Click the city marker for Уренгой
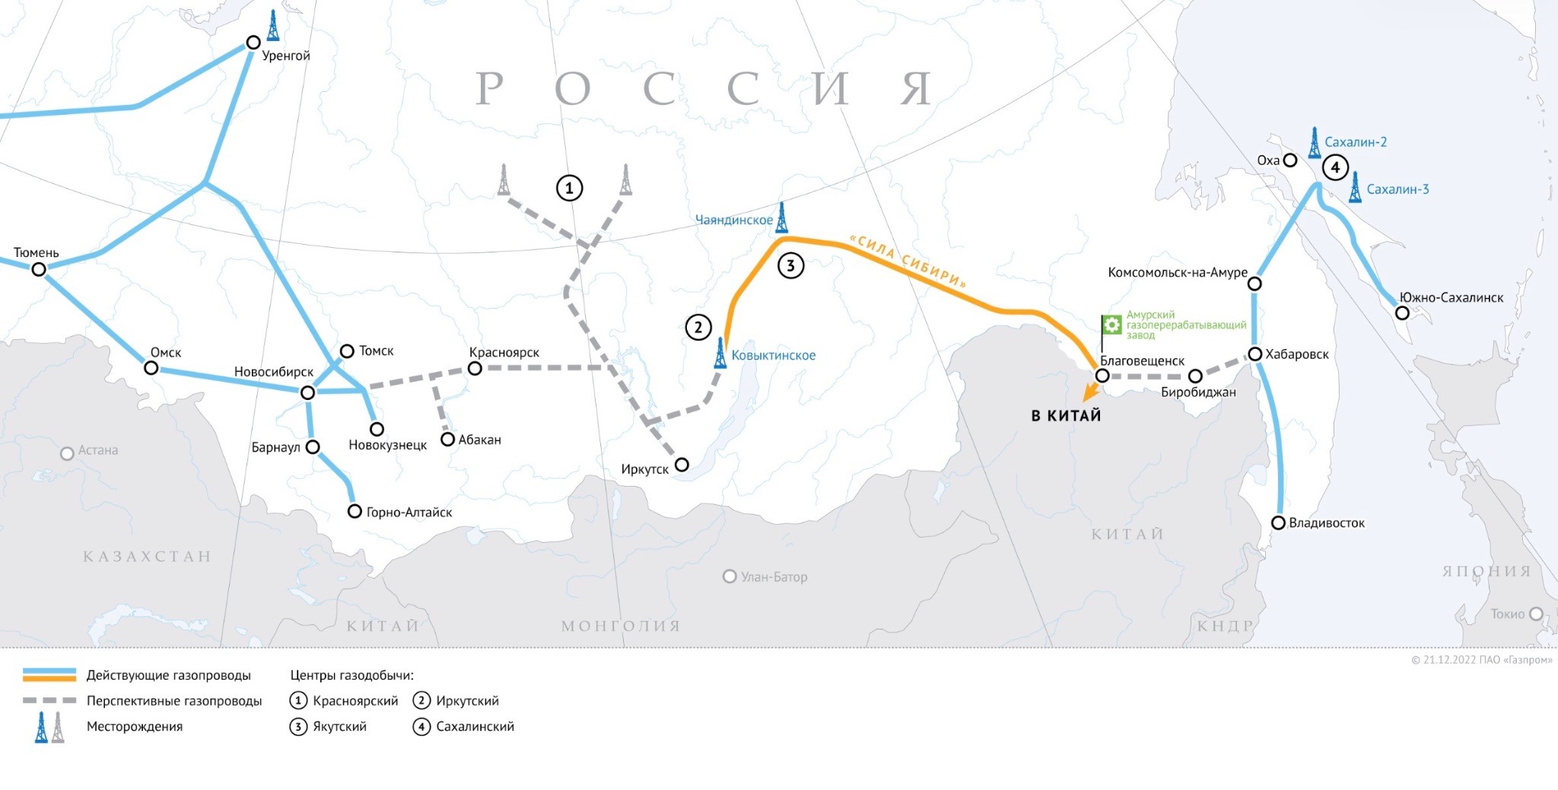tap(253, 43)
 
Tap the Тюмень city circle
tap(39, 269)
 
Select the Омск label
tap(166, 352)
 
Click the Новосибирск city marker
tap(308, 392)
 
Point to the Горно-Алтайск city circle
tap(355, 512)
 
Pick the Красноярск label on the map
tap(504, 352)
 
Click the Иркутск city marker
tap(682, 465)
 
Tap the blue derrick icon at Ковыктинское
tap(720, 354)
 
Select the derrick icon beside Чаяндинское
tap(781, 217)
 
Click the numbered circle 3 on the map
tap(791, 266)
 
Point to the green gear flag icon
tap(1111, 325)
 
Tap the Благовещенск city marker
tap(1102, 376)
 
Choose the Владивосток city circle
tap(1279, 523)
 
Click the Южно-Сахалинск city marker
tap(1402, 313)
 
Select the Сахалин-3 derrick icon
tap(1355, 188)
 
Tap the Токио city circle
tap(1536, 614)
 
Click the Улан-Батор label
tap(774, 577)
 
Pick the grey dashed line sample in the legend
tap(49, 700)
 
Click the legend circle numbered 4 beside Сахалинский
tap(421, 727)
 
